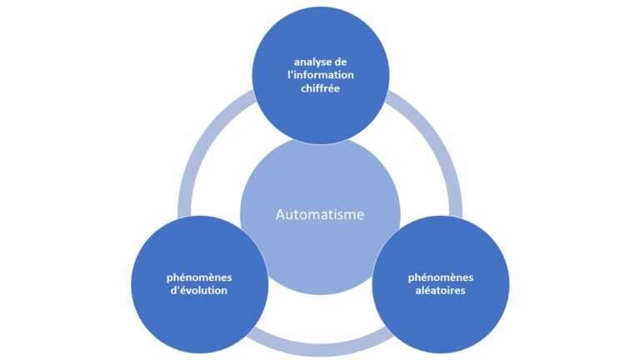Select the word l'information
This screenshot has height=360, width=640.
point(320,75)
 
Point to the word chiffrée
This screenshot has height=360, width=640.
point(320,88)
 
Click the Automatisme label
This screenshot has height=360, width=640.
point(320,214)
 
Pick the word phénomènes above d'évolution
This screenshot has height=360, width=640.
point(199,277)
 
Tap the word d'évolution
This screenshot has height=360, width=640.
point(199,290)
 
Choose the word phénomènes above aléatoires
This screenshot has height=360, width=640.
point(441,277)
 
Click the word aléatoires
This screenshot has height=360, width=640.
point(440,290)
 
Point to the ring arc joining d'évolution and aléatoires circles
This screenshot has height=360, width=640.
point(320,350)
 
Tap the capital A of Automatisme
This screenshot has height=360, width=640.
point(281,214)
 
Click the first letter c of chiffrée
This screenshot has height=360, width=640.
point(303,89)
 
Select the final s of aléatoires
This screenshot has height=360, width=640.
point(462,291)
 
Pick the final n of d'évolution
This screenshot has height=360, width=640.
point(224,291)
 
